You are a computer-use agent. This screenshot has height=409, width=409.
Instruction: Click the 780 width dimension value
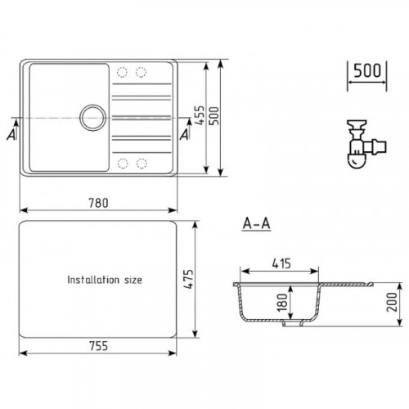98,203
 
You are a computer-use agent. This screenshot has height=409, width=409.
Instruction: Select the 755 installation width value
98,346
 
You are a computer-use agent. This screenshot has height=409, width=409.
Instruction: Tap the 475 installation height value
188,279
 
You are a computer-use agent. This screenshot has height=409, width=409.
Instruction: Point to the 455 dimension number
200,115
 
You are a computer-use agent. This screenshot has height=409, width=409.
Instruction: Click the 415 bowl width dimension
281,263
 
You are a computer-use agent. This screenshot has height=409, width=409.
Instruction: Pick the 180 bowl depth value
282,302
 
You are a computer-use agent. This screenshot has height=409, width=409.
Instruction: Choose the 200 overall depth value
392,302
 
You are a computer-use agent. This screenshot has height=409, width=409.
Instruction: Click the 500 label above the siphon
367,71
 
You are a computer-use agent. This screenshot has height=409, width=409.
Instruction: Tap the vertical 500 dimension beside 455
214,115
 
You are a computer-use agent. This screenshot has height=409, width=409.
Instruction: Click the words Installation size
105,280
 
